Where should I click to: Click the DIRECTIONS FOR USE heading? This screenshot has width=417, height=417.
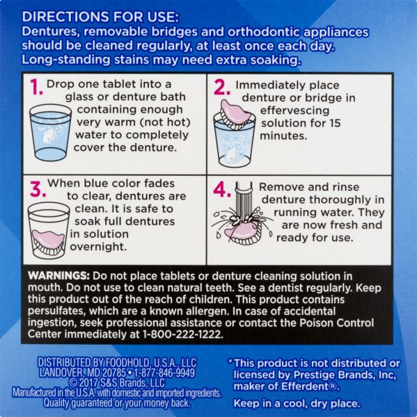pos(100,17)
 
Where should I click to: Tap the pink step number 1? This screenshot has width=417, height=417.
pos(36,87)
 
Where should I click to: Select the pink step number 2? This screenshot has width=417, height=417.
pos(221,88)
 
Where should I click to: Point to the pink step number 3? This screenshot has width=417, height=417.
pos(38,189)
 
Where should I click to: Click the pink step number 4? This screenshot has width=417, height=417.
pos(222,190)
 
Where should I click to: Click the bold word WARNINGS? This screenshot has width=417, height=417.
pos(58,276)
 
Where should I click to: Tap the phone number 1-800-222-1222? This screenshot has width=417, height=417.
pos(183,334)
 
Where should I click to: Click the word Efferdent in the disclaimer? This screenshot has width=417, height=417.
pos(306,386)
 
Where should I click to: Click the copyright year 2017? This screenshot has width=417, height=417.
pos(88,383)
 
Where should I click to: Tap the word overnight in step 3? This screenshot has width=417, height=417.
pos(98,247)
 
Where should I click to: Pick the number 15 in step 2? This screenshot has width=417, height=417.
pos(334,123)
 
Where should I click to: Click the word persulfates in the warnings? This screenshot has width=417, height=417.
pos(56,311)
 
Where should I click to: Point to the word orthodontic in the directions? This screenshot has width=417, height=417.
pos(263,32)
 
